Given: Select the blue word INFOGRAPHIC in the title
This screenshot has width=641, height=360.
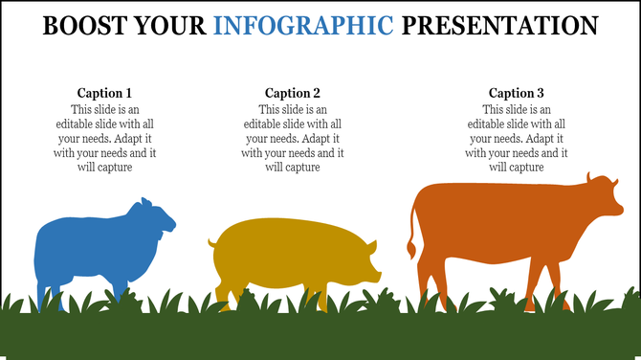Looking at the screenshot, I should (x=303, y=25).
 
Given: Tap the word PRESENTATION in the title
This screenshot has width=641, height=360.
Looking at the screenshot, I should (x=500, y=25).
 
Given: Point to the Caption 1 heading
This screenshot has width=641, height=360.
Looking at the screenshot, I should (x=104, y=93).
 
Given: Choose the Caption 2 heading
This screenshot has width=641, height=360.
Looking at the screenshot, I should (x=293, y=93).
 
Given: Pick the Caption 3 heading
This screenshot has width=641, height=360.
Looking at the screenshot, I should (x=517, y=93).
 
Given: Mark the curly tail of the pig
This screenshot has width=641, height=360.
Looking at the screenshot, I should (x=211, y=244).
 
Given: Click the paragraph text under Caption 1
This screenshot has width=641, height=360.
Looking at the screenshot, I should (x=104, y=139).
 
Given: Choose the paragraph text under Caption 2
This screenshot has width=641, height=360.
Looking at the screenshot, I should (x=293, y=139).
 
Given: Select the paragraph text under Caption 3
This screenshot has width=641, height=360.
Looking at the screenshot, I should (x=517, y=139).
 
